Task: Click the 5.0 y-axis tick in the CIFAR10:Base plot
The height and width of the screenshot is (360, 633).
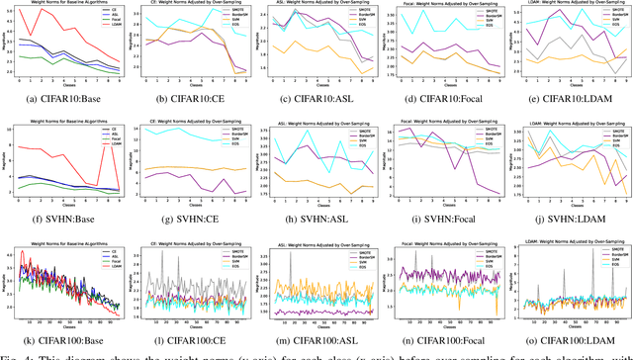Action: point(11,10)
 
